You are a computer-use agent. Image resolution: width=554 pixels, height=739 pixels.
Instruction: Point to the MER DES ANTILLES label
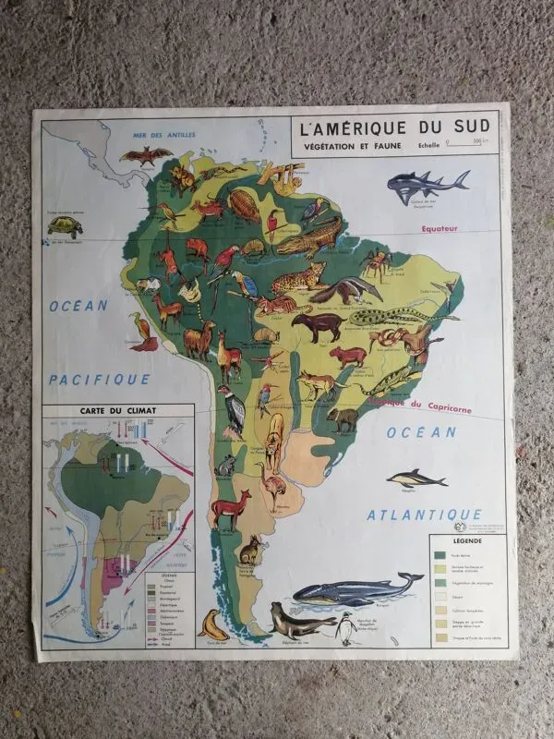click(x=164, y=136)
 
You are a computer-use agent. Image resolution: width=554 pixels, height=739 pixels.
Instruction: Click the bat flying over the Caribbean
click(x=146, y=155)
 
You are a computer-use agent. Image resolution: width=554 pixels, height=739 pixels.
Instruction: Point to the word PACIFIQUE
click(x=99, y=379)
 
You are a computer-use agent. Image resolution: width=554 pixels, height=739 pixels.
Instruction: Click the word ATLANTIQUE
click(x=424, y=515)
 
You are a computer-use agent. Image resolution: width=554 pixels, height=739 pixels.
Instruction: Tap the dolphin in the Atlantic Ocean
click(x=416, y=479)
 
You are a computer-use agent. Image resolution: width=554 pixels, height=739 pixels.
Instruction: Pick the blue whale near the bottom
click(x=355, y=589)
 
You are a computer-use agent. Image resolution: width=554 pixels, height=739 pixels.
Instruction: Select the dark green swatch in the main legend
click(x=441, y=555)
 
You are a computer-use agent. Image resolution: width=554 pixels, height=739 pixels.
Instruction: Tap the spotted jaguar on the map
click(x=298, y=275)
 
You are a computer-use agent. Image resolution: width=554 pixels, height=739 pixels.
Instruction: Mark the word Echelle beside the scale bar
click(x=428, y=144)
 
